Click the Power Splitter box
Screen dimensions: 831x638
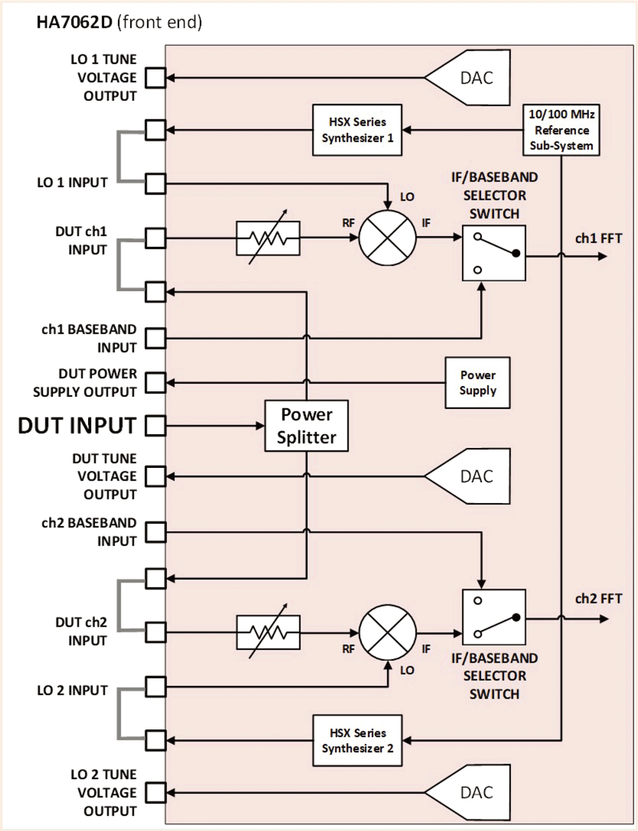pos(306,426)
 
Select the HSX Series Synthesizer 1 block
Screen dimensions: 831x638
pos(357,130)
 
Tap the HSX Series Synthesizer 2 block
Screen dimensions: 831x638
pos(357,740)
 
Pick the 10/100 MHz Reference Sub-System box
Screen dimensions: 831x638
pos(561,130)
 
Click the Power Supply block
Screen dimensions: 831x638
pos(477,383)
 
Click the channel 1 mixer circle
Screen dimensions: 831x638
pos(387,238)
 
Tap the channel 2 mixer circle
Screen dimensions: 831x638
pos(387,633)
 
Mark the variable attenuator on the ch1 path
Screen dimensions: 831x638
pos(268,238)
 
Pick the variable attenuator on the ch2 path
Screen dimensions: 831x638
pos(268,633)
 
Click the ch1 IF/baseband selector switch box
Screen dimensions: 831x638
pos(494,253)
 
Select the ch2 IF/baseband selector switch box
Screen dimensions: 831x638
pos(494,617)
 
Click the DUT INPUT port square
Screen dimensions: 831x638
pos(155,426)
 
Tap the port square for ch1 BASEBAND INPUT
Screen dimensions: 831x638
pos(155,338)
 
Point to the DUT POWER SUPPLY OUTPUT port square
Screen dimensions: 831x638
pos(155,383)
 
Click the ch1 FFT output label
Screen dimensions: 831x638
pos(598,239)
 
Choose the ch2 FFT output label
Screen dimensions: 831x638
pos(598,599)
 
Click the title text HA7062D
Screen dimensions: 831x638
pos(74,22)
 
